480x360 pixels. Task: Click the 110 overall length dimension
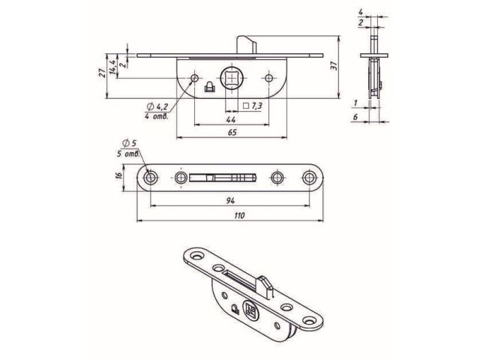(x=240, y=216)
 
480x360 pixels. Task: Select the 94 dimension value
(x=231, y=200)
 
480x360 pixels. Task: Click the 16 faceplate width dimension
(x=118, y=177)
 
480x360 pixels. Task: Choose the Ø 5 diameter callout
(x=128, y=144)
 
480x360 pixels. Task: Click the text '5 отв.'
(x=130, y=153)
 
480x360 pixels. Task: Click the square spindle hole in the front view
(x=231, y=78)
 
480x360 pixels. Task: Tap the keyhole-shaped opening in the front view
(x=209, y=86)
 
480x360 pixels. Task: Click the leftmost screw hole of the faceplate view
(x=152, y=178)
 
